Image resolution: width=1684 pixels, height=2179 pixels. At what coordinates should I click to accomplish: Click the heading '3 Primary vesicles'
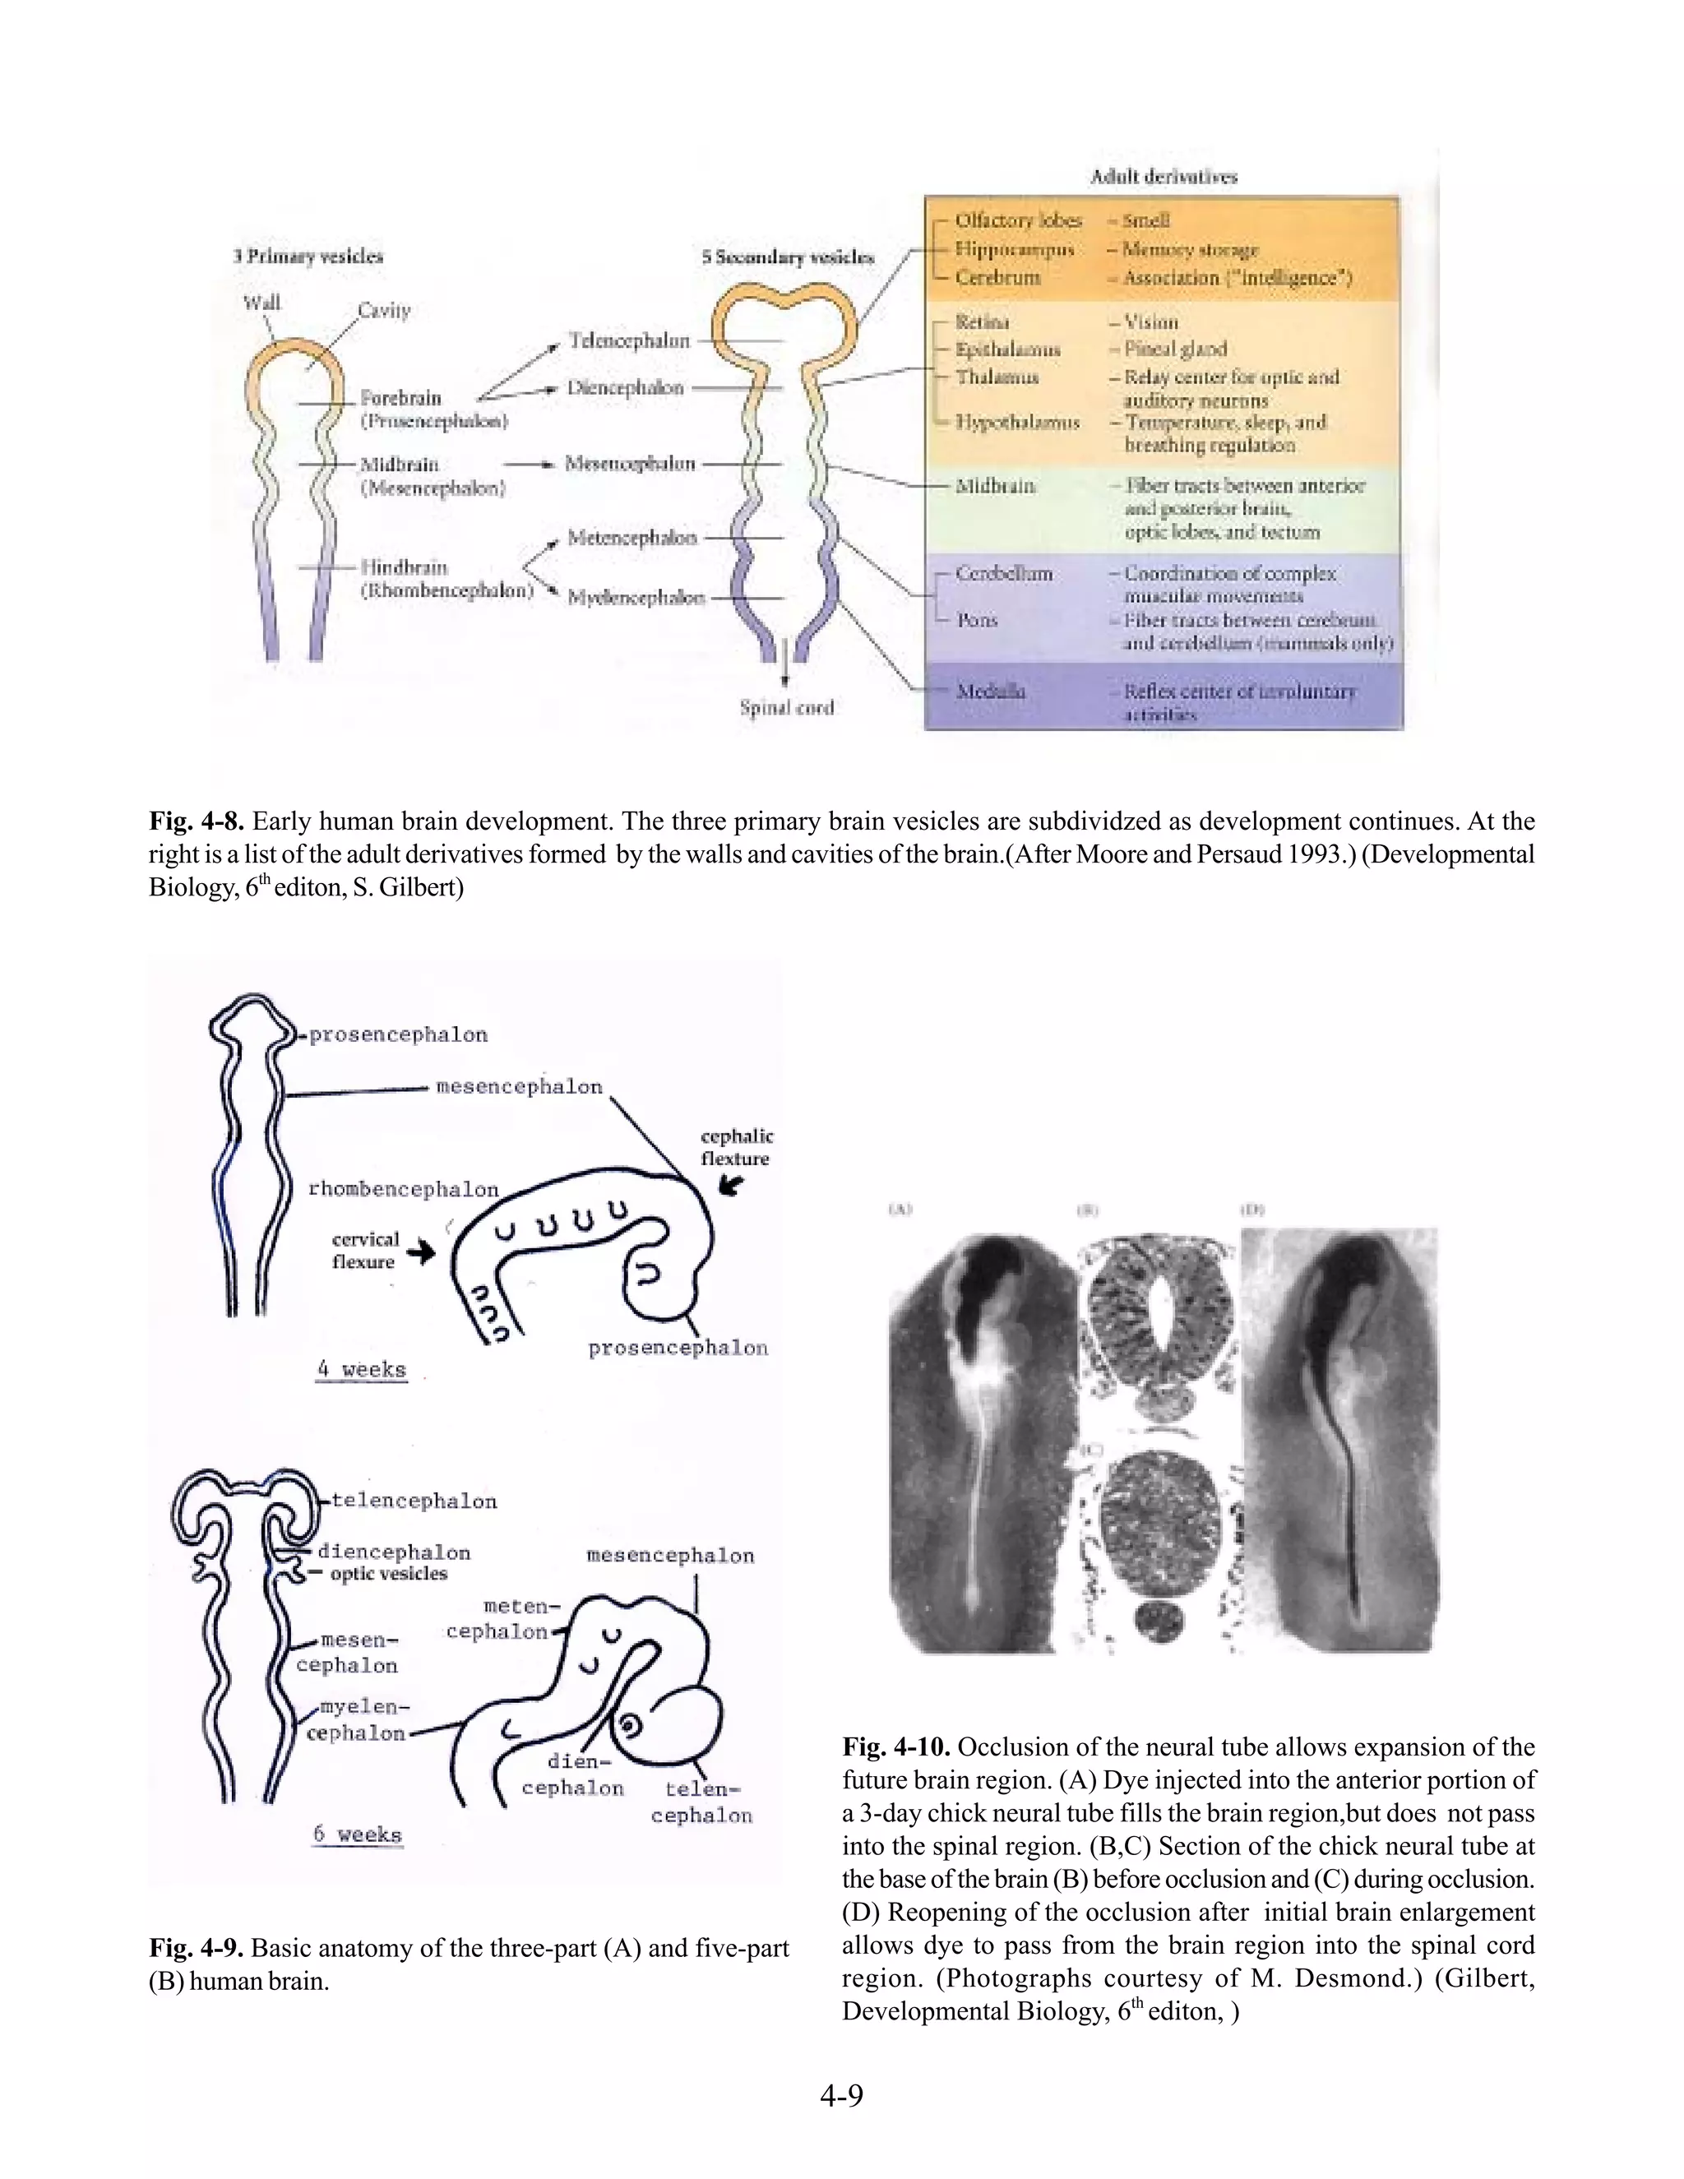(x=308, y=257)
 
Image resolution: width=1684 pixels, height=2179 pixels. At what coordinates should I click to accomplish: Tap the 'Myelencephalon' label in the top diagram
(x=636, y=598)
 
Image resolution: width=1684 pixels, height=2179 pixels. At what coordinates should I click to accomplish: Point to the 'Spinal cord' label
(x=786, y=707)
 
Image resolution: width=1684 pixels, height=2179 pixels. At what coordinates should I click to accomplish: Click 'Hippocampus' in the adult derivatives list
(x=1015, y=248)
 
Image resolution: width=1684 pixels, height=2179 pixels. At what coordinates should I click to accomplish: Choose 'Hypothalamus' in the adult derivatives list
(x=1018, y=422)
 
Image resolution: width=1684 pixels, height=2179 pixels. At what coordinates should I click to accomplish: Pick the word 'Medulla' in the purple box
(x=991, y=691)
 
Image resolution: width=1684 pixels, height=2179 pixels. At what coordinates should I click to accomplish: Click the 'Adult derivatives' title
(x=1164, y=177)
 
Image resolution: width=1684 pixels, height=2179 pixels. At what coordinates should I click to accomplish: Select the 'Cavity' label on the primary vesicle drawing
(x=384, y=310)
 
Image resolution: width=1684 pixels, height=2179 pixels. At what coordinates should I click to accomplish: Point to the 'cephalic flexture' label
(x=736, y=1147)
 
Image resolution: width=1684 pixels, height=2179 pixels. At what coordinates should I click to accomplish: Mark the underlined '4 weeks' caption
(x=361, y=1369)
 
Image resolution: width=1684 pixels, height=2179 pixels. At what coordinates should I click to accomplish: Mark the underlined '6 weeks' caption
(x=357, y=1834)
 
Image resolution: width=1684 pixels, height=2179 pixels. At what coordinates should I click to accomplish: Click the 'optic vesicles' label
(x=388, y=1573)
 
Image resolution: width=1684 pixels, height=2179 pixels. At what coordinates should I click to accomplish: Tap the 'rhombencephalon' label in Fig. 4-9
(x=403, y=1189)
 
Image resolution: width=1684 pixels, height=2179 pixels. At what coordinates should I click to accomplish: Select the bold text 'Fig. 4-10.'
(x=896, y=1747)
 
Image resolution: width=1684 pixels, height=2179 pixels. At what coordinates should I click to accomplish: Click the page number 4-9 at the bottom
(x=841, y=2095)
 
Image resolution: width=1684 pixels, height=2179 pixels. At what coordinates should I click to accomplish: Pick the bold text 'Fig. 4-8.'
(x=197, y=821)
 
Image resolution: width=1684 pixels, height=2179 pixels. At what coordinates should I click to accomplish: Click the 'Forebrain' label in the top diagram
(x=400, y=397)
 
